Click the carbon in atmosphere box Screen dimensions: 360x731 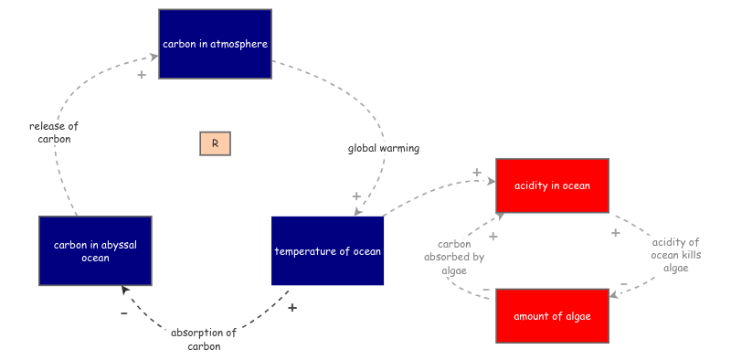[215, 44]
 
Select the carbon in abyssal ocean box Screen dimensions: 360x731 [95, 250]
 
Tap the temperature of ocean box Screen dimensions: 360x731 [328, 250]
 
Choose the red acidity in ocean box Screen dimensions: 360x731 [552, 185]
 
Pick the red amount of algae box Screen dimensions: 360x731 [552, 316]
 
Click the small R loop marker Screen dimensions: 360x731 [215, 143]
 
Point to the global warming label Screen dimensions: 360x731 [383, 148]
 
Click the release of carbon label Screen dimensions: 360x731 [54, 132]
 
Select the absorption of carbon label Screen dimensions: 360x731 [204, 339]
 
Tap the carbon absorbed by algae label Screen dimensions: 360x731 [454, 257]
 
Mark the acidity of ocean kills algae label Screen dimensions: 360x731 [675, 255]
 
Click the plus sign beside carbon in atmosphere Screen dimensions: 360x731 [142, 74]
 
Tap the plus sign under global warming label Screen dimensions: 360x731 [356, 196]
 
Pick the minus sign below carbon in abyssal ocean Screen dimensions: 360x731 [124, 313]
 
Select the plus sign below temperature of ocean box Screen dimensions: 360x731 [292, 308]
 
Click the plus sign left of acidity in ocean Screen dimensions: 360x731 [477, 173]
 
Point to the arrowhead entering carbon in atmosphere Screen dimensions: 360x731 [154, 57]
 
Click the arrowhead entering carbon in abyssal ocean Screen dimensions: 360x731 [125, 291]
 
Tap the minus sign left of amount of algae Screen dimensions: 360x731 [486, 291]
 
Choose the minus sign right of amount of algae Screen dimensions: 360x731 [624, 284]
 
